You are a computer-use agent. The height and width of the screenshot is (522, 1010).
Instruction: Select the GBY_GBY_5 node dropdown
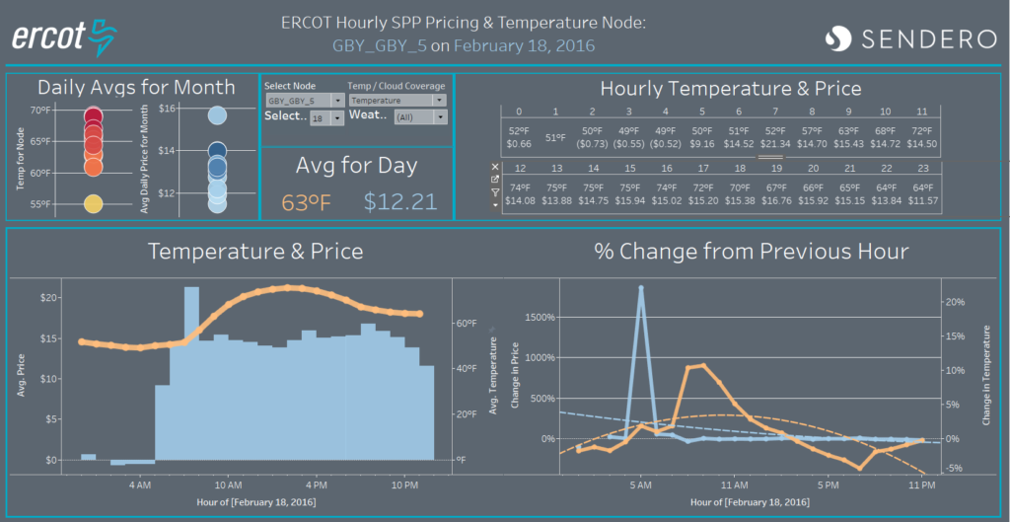[x=305, y=101]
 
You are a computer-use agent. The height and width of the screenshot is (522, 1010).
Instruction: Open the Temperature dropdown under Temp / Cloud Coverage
[x=397, y=101]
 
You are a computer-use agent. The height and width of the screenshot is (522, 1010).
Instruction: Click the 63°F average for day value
[x=308, y=202]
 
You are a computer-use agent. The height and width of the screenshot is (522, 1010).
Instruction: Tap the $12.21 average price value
[x=399, y=202]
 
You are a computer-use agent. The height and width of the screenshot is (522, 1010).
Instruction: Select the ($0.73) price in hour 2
[x=591, y=144]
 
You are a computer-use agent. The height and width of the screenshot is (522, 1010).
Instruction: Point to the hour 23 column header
[x=920, y=169]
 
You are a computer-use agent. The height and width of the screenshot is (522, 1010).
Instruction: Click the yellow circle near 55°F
[x=93, y=204]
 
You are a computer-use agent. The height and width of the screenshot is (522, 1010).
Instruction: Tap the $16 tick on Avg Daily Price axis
[x=167, y=109]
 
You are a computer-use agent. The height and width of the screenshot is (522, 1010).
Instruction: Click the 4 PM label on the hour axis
[x=316, y=485]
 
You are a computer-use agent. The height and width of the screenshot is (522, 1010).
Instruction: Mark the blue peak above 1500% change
[x=641, y=288]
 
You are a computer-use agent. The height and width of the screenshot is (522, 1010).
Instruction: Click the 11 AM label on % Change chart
[x=733, y=485]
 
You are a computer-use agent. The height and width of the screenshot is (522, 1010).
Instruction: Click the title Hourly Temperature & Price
[x=730, y=89]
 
